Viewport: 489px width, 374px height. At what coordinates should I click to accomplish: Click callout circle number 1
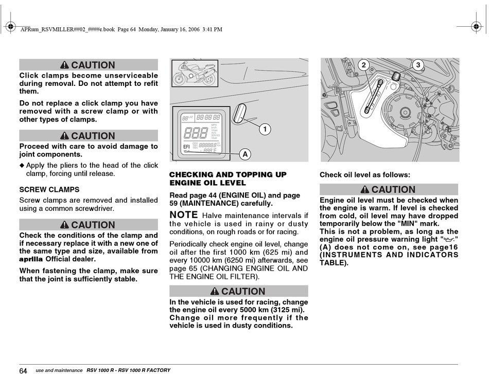[265, 129]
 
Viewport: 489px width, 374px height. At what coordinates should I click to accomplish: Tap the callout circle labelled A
[245, 154]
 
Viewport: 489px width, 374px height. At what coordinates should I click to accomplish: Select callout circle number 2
[363, 65]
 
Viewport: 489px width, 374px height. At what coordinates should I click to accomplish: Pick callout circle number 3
[418, 65]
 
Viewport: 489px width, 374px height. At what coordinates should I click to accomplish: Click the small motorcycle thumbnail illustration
[195, 74]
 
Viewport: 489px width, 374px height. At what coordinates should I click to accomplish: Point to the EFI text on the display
[186, 147]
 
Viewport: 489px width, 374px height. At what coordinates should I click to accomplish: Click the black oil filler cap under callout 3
[396, 76]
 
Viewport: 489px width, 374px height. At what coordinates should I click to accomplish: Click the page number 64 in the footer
[23, 370]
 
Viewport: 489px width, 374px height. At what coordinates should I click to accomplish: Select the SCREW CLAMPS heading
[49, 189]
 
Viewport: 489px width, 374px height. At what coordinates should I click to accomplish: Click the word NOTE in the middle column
[184, 215]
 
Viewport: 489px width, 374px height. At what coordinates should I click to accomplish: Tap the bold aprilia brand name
[31, 259]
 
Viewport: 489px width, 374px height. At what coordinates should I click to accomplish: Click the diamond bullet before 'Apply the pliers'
[22, 165]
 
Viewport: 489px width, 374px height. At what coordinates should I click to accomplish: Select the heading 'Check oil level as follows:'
[365, 174]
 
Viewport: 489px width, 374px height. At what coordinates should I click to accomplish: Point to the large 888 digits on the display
[196, 133]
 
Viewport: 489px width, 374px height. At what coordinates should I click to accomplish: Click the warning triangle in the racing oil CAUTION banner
[215, 291]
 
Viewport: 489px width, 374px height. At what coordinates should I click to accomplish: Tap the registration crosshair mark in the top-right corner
[476, 26]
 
